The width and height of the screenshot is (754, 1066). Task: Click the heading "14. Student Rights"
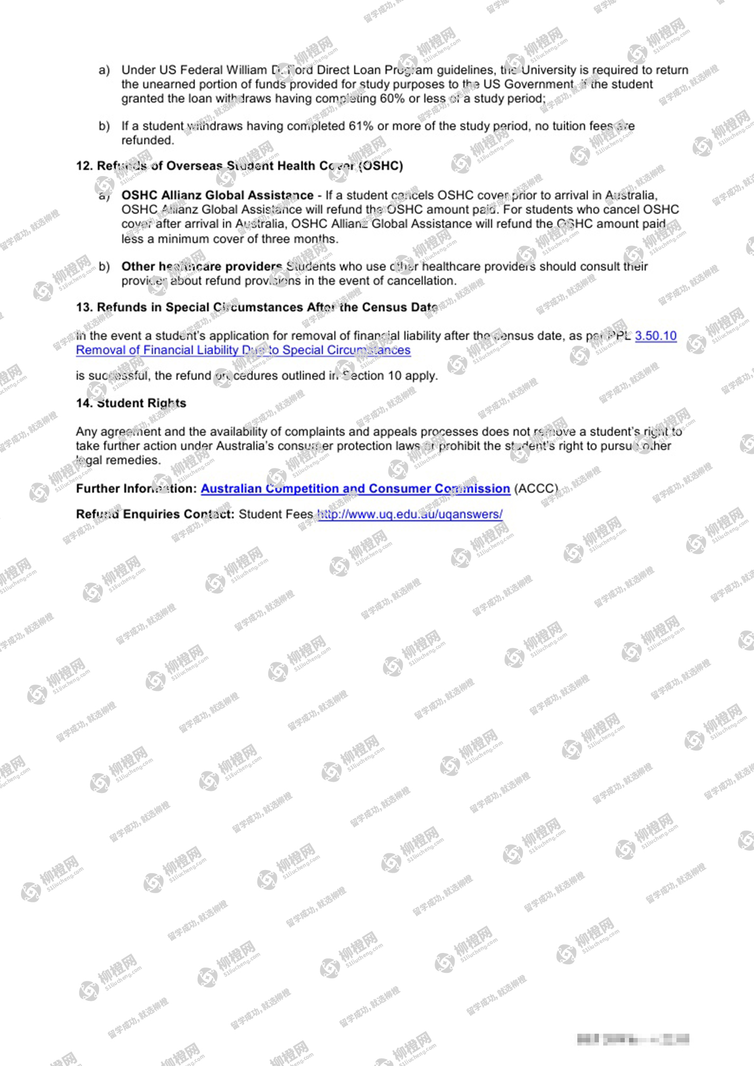(131, 403)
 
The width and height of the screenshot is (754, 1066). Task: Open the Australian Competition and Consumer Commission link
(355, 488)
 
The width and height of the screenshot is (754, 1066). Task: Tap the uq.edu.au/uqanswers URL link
(410, 514)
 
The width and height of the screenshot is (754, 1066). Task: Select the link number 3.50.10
(655, 335)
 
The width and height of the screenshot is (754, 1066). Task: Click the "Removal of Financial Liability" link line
(243, 350)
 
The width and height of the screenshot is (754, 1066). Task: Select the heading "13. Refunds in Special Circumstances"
(256, 307)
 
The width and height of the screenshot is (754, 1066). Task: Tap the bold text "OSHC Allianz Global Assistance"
(217, 195)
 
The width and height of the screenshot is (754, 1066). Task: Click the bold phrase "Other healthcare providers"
(201, 266)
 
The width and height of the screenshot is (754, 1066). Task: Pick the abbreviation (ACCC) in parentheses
(536, 488)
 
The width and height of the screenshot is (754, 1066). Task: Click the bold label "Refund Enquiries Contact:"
(155, 514)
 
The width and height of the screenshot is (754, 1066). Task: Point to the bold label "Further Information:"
(137, 488)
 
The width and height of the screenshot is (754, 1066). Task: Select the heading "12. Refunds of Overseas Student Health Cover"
(239, 166)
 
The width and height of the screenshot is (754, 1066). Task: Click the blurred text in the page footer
(633, 1039)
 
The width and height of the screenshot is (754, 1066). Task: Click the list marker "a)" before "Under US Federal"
(104, 70)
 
